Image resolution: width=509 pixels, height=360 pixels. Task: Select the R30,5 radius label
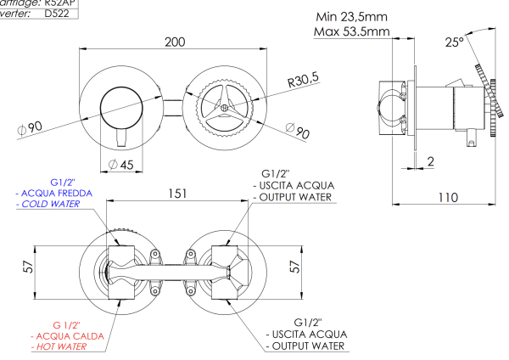pos(302,81)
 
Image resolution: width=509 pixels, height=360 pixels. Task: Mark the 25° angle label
pos(457,42)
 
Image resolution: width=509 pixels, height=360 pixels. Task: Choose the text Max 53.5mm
pos(351,32)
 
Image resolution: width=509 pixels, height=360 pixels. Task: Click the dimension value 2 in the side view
pos(431,160)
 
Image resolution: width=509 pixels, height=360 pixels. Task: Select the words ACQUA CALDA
pos(69,336)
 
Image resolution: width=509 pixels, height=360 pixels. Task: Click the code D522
pos(57,14)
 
